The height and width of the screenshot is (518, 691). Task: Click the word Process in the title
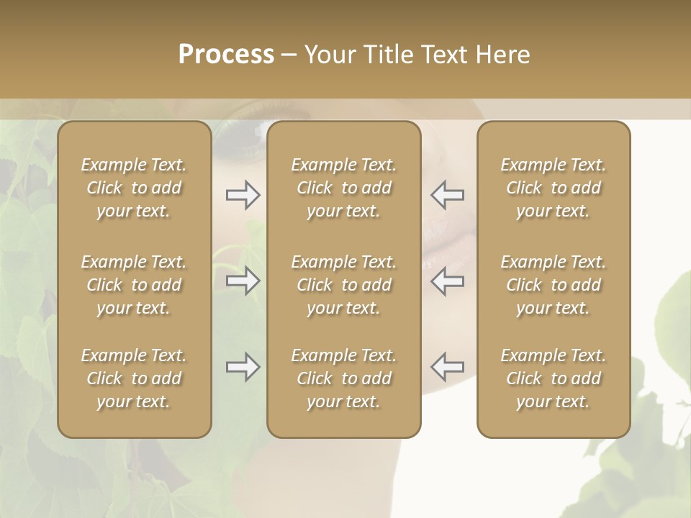coord(226,55)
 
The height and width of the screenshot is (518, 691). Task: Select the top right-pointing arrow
coord(243,195)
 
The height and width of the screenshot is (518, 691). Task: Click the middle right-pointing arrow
coord(243,281)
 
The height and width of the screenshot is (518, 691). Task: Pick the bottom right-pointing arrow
coord(243,367)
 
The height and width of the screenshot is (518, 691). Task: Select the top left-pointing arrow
coord(448,195)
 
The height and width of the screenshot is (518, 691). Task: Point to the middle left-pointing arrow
coord(448,281)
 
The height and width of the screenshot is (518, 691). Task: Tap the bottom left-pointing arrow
coord(448,367)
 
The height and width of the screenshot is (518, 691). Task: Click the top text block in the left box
coord(134,188)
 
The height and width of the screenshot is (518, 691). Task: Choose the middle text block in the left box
coord(134,285)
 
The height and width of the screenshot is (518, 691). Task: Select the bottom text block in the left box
coord(134,378)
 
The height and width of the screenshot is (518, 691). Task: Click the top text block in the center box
coord(344,188)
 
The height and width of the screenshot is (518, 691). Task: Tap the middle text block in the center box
coord(344,285)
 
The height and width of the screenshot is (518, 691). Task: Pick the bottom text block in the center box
coord(344,378)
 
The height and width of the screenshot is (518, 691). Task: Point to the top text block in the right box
coord(554,188)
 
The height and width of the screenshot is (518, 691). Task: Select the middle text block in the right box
coord(554,285)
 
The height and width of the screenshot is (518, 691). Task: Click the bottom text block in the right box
coord(554,378)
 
